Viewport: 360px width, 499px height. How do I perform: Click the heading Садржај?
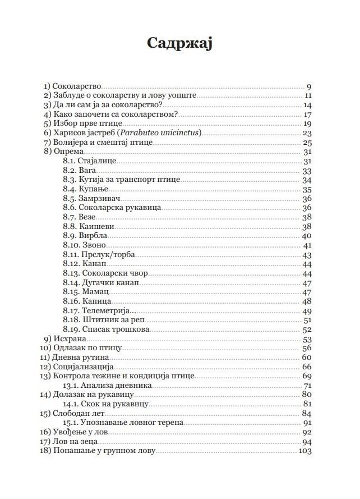[x=179, y=44]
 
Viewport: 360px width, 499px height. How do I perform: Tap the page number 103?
[x=306, y=451]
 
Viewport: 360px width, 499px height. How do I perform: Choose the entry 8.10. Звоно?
[x=84, y=245]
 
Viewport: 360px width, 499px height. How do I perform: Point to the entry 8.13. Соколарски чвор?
[x=101, y=273]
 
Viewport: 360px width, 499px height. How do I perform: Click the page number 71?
[x=307, y=386]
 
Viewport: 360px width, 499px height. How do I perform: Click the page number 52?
[x=307, y=329]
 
